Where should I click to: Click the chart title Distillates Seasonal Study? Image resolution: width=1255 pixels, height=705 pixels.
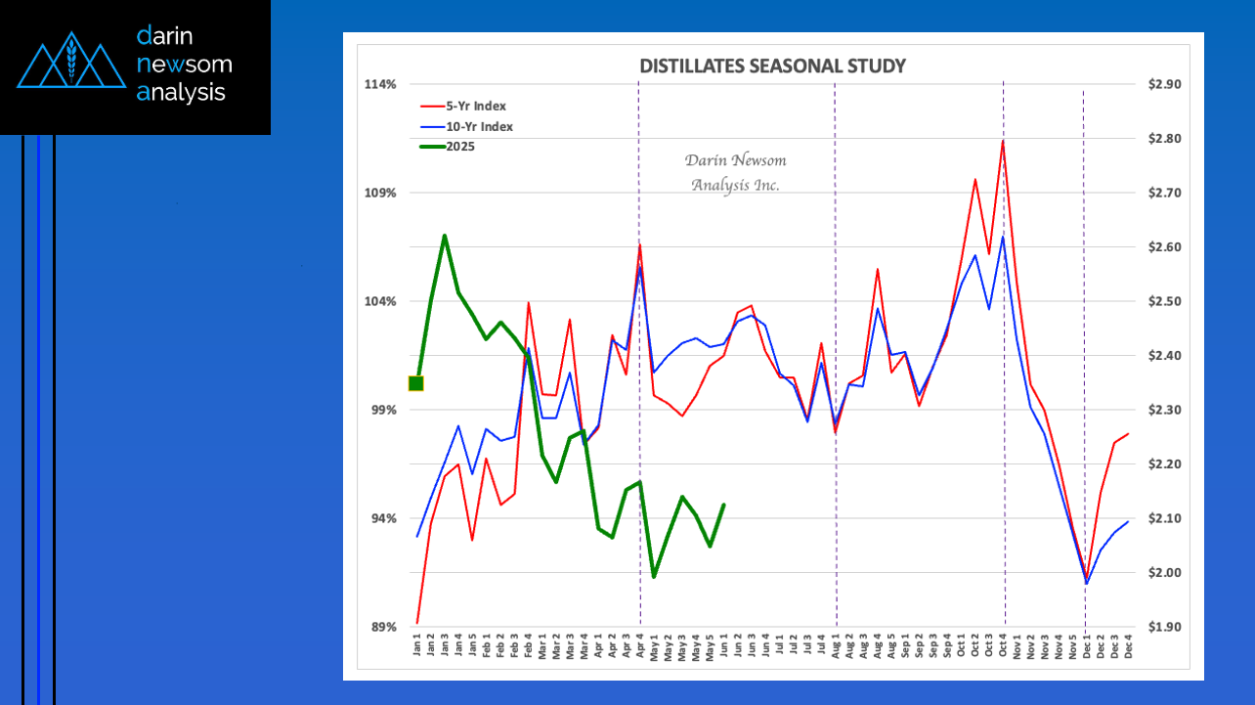tap(772, 66)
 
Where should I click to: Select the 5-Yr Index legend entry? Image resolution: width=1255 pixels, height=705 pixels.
tap(477, 106)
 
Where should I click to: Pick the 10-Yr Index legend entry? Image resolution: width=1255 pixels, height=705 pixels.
tap(480, 126)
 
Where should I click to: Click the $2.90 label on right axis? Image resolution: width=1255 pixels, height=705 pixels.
tap(1165, 84)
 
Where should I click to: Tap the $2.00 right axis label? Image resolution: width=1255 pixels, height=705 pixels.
tap(1165, 572)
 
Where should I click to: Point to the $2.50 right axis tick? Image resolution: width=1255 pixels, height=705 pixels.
tap(1165, 301)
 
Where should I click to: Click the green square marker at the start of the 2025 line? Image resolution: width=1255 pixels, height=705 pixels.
tap(416, 383)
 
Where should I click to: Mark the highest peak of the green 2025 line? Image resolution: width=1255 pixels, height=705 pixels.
tap(445, 236)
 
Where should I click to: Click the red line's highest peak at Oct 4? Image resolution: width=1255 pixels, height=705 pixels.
tap(1003, 141)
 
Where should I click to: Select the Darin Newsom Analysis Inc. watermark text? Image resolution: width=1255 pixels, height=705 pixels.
tap(735, 172)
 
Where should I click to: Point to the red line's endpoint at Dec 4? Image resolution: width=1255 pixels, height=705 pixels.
tap(1128, 434)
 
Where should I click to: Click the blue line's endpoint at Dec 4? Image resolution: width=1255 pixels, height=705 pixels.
tap(1128, 521)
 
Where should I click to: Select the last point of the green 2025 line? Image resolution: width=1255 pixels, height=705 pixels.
tap(723, 505)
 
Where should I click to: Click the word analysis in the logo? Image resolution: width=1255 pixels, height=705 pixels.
tap(182, 93)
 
